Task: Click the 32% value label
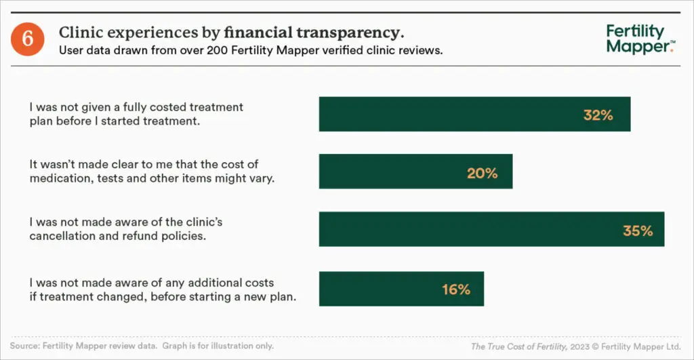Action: pos(598,115)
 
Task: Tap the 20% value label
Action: pos(482,173)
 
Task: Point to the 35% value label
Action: pos(638,231)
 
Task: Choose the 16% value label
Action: pos(455,289)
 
